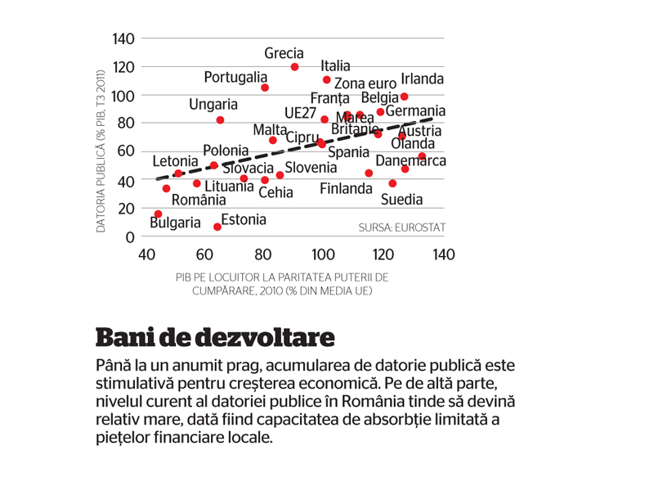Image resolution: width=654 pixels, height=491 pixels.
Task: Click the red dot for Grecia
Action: click(294, 67)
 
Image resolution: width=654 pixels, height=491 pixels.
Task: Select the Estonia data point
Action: click(217, 227)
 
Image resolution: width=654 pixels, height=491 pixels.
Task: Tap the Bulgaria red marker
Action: click(158, 214)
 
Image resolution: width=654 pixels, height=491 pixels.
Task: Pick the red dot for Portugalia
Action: click(264, 88)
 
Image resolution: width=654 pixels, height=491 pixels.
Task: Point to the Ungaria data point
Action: click(220, 120)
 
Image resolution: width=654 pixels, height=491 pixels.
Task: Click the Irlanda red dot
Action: click(404, 97)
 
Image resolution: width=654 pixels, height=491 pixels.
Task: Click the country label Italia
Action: click(335, 66)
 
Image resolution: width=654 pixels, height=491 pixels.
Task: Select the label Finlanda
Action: click(346, 189)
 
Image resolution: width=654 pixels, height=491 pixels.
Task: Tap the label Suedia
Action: click(401, 200)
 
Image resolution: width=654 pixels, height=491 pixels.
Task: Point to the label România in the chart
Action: click(199, 200)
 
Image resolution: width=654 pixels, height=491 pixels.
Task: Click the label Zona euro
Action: click(365, 83)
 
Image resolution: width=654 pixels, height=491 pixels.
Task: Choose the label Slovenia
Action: click(311, 168)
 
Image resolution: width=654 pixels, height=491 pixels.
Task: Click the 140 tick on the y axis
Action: click(123, 38)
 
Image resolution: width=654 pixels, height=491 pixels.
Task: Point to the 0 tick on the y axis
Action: click(130, 237)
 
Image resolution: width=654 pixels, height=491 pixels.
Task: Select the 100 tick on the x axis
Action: click(323, 255)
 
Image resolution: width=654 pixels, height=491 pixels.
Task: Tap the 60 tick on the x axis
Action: click(204, 255)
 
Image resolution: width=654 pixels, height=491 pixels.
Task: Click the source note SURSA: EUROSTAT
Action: click(402, 227)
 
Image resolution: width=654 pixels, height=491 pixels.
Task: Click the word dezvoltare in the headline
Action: click(265, 337)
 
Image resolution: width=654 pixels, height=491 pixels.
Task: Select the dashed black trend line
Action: click(297, 149)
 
